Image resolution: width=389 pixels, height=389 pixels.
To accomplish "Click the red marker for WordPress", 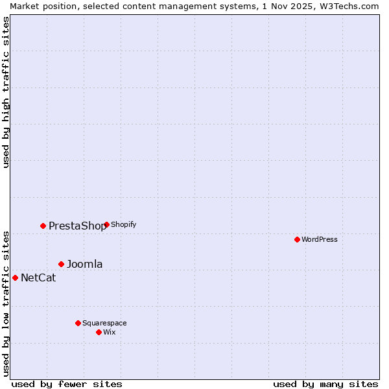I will click(297, 239).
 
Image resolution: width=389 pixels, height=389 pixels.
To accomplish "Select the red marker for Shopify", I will click(106, 225).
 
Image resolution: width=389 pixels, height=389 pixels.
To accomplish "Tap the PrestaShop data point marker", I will click(43, 226).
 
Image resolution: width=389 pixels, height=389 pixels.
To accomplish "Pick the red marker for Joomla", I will click(62, 264).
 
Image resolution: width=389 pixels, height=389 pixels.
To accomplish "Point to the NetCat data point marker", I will click(15, 277).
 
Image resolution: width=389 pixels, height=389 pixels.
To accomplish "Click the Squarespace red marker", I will click(78, 323).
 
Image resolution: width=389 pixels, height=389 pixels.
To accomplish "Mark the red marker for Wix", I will click(99, 332).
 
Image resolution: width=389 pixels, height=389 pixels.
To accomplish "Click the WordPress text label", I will click(320, 239).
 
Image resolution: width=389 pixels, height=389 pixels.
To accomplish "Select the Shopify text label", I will click(123, 225).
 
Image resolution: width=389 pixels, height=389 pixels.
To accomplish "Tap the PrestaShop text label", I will click(77, 226).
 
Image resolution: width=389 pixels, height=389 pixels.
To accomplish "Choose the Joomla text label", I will click(85, 264).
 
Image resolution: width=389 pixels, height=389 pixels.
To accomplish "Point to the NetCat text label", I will click(38, 278).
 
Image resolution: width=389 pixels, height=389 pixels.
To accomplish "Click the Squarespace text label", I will click(104, 323).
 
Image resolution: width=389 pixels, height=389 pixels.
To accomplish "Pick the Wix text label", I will click(110, 332).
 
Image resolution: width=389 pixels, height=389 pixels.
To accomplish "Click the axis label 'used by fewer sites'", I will click(67, 384).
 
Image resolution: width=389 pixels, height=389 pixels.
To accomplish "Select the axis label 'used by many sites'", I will click(325, 384).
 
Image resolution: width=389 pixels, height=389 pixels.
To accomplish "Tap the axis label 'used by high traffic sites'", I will click(6, 92).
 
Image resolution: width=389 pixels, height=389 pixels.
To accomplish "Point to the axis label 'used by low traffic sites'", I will click(6, 303).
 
